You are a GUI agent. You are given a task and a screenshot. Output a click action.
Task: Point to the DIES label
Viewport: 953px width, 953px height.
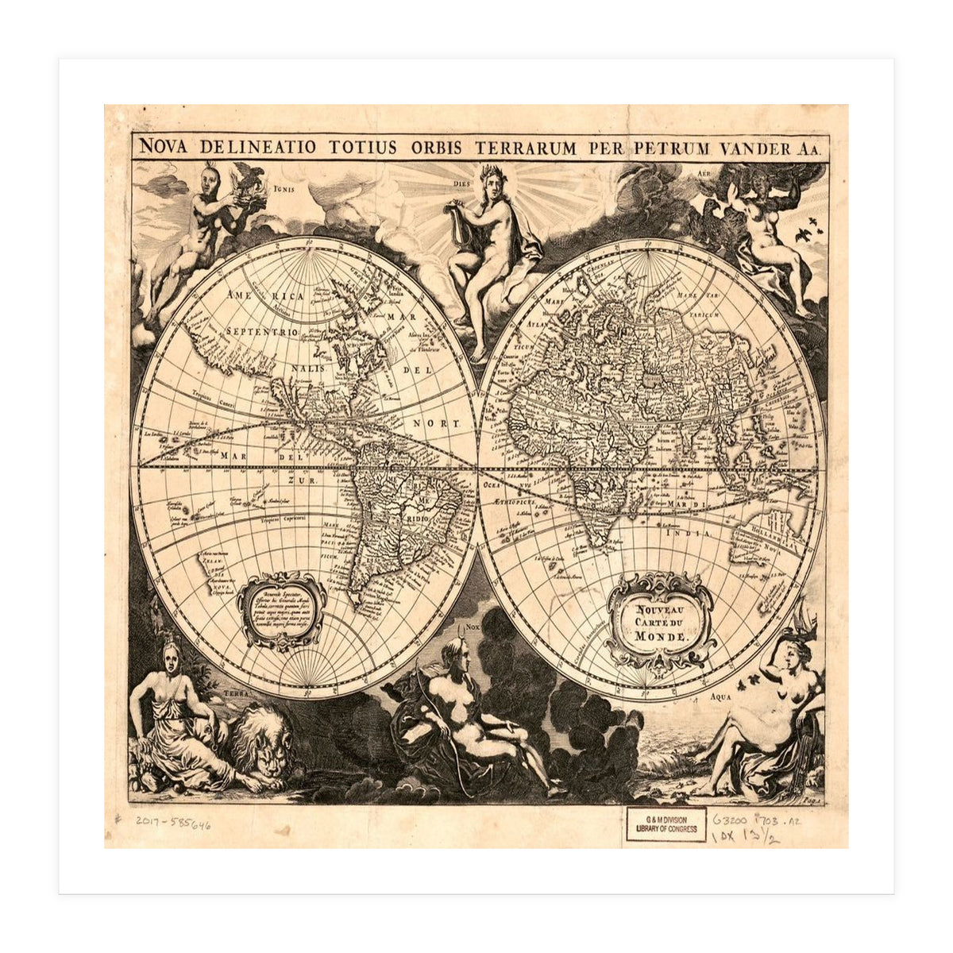click(462, 179)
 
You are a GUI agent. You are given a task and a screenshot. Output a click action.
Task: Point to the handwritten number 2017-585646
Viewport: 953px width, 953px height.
click(168, 824)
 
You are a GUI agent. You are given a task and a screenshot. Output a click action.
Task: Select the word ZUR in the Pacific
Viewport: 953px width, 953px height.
click(300, 480)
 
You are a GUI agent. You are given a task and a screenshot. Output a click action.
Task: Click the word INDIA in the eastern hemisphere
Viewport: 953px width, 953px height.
click(689, 534)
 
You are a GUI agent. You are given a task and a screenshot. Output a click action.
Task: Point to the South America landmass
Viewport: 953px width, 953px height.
click(397, 508)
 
